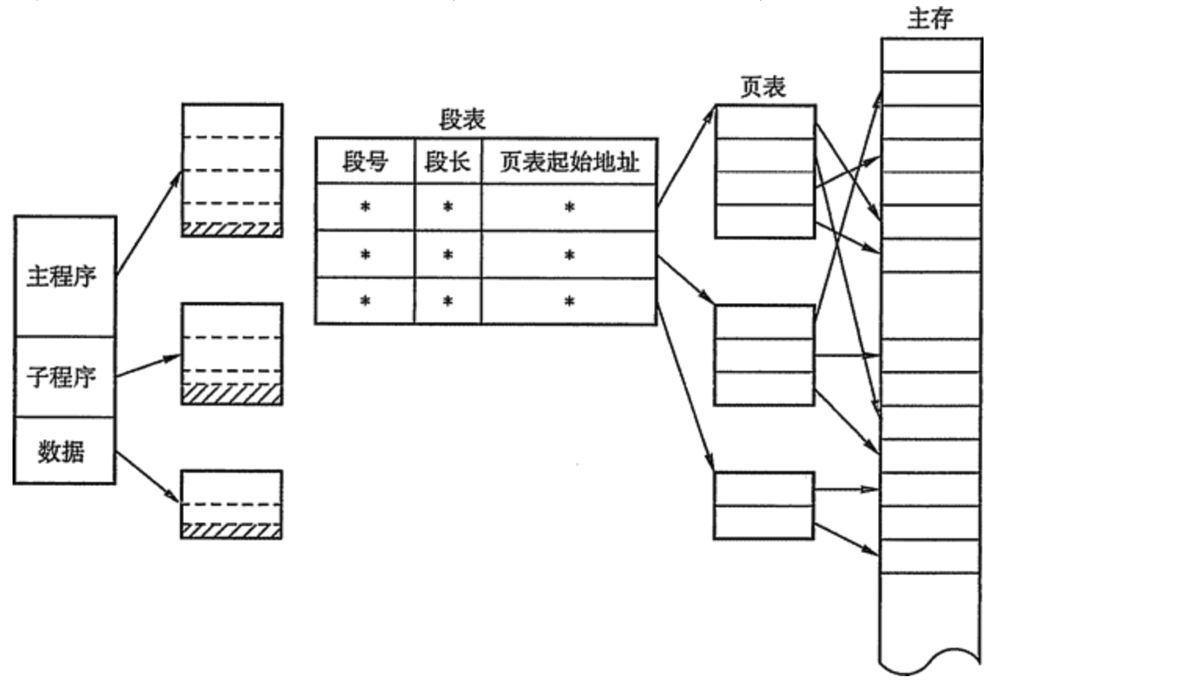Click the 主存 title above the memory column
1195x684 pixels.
click(x=930, y=18)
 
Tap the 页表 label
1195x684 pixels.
click(x=763, y=87)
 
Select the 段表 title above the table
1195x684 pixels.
click(x=462, y=120)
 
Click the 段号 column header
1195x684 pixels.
click(x=365, y=162)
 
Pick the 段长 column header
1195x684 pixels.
click(x=447, y=162)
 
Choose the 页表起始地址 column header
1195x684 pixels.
click(x=569, y=162)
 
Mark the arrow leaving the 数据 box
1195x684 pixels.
click(x=147, y=476)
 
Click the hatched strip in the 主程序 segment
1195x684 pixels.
click(x=232, y=229)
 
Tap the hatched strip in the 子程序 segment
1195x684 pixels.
click(x=232, y=394)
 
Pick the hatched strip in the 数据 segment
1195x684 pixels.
click(x=232, y=531)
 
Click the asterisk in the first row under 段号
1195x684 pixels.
click(x=365, y=207)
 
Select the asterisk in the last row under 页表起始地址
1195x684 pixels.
click(x=569, y=301)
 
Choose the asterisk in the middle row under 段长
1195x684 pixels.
click(x=447, y=255)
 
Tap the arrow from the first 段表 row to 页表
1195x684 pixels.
click(x=686, y=157)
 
